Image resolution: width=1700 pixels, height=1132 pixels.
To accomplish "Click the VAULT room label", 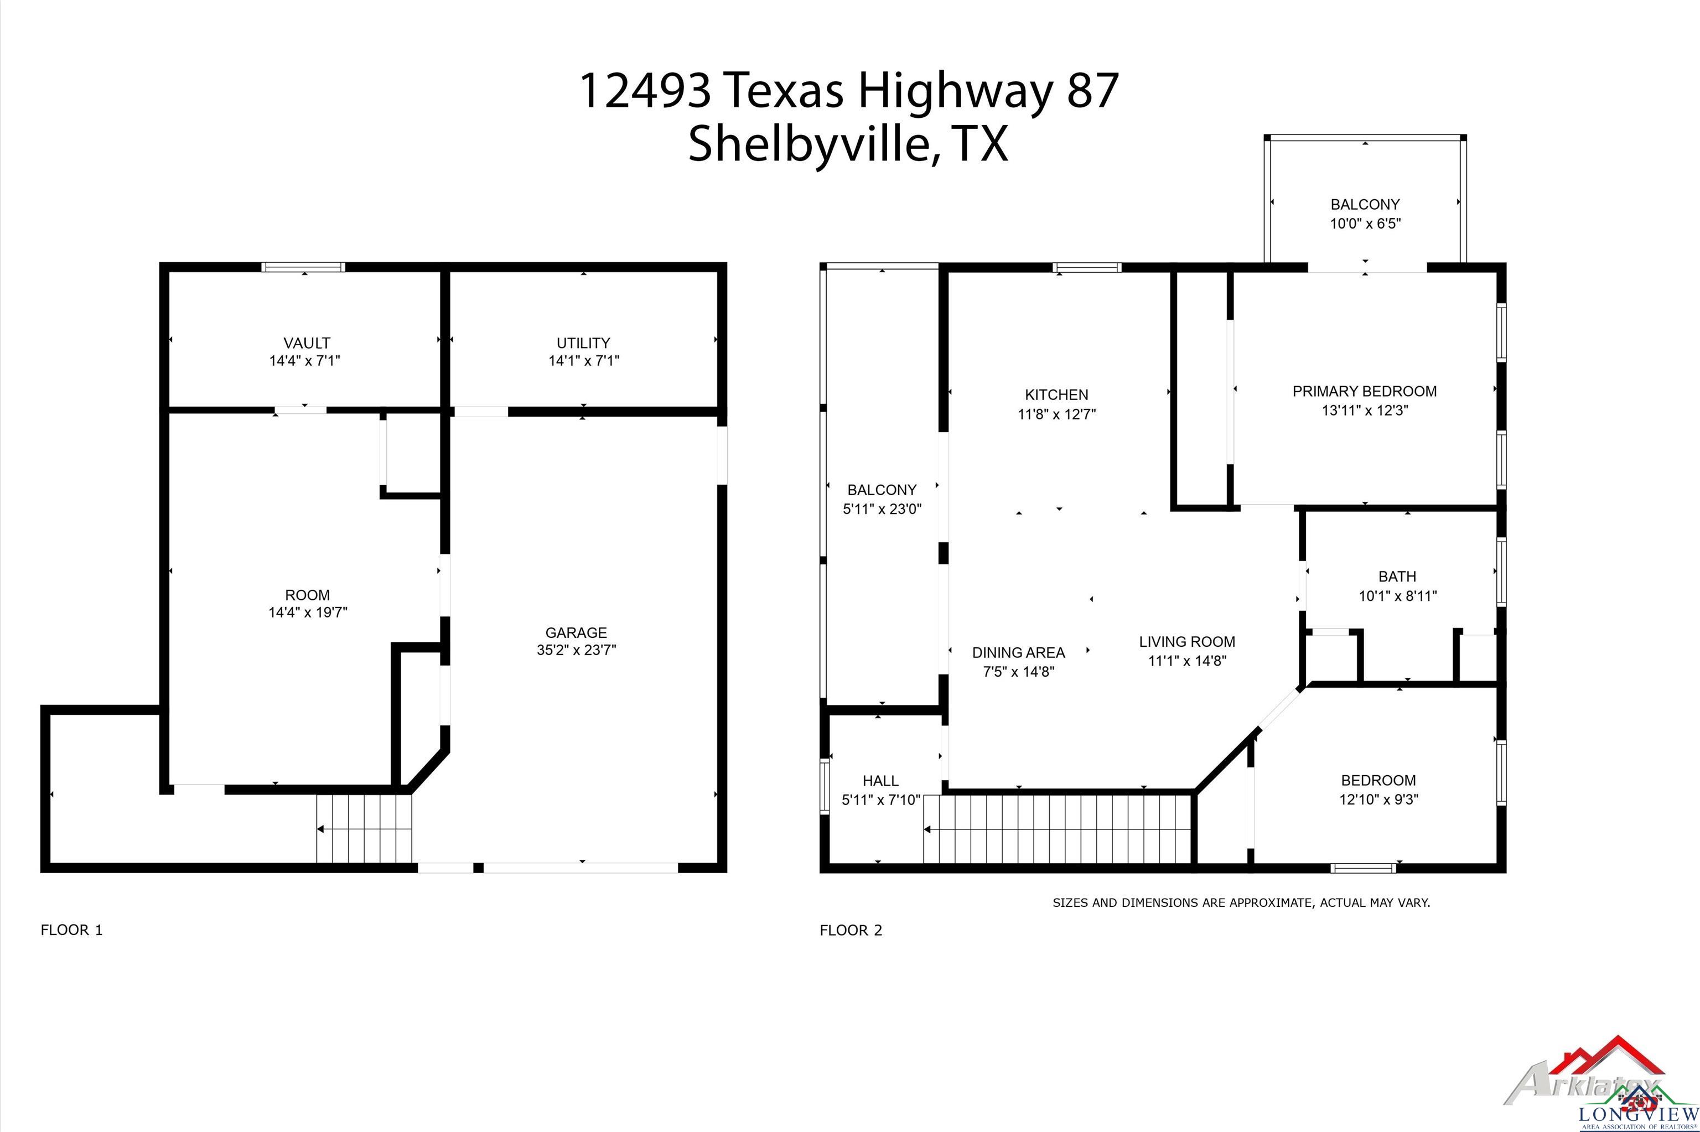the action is (x=307, y=343).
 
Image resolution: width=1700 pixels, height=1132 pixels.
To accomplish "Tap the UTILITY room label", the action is (x=583, y=343).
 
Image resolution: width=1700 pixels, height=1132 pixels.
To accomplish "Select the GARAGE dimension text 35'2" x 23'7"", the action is (x=576, y=650).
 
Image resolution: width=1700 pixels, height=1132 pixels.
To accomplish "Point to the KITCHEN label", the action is (x=1057, y=395).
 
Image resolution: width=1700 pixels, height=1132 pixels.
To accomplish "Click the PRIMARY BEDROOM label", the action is (x=1364, y=391).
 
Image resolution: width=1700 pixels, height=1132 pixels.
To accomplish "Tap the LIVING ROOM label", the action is (x=1187, y=642).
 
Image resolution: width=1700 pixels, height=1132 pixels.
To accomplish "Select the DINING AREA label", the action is (x=1019, y=653).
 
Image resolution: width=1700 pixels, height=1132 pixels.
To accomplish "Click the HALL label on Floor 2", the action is (x=880, y=781).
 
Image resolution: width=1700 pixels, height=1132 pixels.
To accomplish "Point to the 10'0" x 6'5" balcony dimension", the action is (x=1365, y=224).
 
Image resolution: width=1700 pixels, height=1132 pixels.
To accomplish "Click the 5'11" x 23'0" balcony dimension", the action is (x=882, y=509).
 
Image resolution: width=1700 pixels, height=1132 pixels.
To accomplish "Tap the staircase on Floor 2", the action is (x=1057, y=829).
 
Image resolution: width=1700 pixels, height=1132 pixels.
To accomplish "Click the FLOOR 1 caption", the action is (x=71, y=931).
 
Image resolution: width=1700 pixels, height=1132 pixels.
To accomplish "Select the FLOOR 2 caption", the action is (x=851, y=931).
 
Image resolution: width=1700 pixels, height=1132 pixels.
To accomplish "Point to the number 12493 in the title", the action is (x=645, y=91).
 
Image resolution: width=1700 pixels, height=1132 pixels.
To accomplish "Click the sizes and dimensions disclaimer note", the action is (x=1241, y=902).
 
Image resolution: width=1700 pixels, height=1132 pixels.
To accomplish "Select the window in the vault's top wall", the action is (x=303, y=267).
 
